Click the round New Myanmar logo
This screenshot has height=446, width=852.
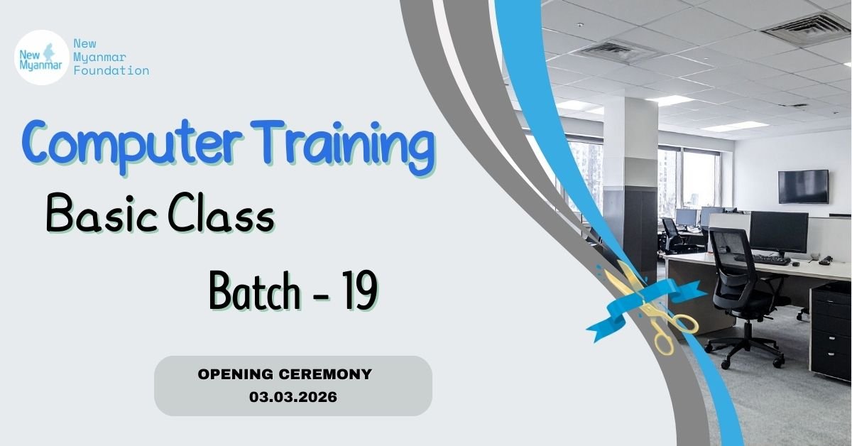(42, 58)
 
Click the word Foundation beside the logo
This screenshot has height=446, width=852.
(111, 71)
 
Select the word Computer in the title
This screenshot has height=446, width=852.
(132, 146)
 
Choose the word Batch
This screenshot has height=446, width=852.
(254, 291)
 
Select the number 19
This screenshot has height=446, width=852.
(360, 290)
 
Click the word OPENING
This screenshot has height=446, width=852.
(236, 374)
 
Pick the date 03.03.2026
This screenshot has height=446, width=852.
(293, 397)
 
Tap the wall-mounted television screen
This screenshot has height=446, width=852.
(803, 187)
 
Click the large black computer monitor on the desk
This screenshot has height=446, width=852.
(779, 233)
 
